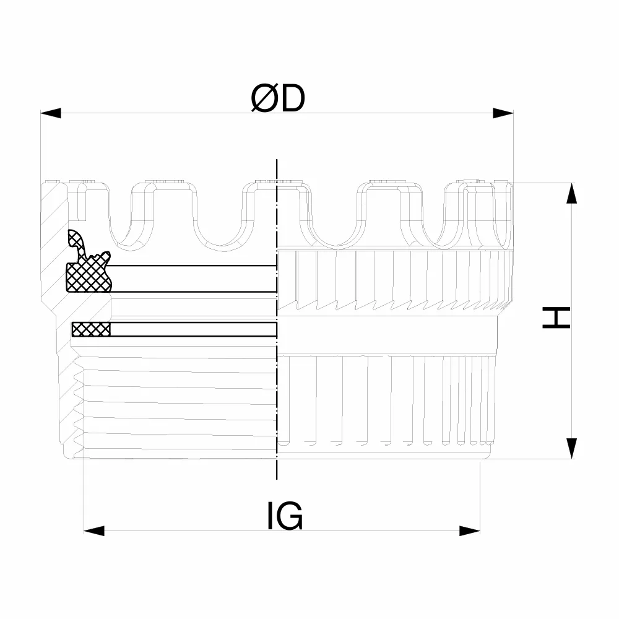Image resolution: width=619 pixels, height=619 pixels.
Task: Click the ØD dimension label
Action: (x=278, y=98)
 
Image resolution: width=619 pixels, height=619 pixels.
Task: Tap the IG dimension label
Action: (x=285, y=516)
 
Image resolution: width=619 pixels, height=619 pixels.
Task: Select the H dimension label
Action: (x=556, y=318)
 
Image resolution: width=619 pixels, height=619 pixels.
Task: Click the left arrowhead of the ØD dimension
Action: (x=51, y=113)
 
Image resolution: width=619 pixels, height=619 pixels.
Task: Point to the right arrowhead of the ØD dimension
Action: (x=503, y=113)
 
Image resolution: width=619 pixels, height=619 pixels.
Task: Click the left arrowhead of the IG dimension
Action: (x=94, y=530)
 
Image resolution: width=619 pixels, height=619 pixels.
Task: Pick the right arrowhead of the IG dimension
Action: (x=470, y=530)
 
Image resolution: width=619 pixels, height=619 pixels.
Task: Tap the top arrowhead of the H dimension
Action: (x=571, y=193)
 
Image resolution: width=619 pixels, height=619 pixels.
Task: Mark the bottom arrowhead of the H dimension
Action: (x=571, y=448)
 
